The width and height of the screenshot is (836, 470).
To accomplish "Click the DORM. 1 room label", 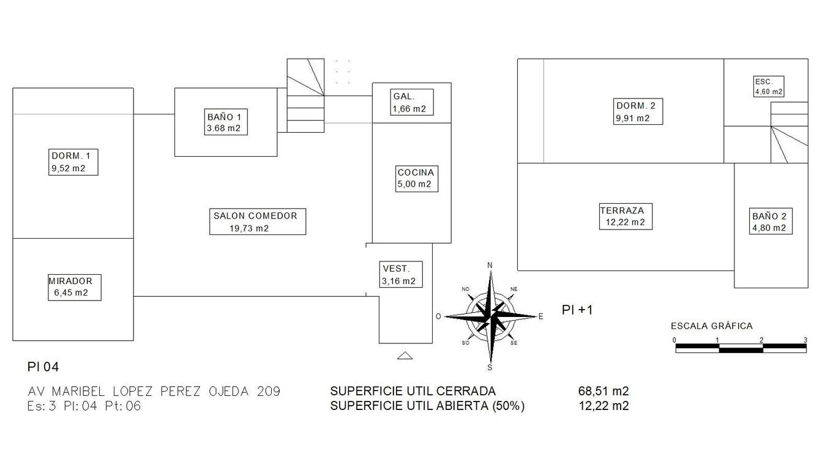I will (73, 162).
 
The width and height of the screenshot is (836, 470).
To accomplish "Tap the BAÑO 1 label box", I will (228, 122).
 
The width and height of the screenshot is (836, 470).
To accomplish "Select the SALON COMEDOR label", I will (258, 222).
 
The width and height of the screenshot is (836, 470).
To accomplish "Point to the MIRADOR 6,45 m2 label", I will (75, 287).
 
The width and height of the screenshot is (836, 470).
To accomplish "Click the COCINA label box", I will (416, 178).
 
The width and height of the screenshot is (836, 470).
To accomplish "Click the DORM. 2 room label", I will (639, 112).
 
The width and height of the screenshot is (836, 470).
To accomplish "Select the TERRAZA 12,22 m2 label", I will (625, 216).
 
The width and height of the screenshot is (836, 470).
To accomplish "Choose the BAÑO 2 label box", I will (769, 222).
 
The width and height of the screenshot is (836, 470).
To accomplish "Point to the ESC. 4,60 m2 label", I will (769, 86).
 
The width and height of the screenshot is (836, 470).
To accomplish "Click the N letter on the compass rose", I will (490, 265).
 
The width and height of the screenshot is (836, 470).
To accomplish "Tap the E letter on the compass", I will (540, 316).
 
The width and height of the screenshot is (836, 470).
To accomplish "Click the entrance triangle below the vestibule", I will (405, 356).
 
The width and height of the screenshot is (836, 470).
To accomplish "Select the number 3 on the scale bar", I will (805, 340).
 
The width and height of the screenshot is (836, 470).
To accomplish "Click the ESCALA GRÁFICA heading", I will (712, 326).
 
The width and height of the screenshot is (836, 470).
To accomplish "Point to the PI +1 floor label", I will (577, 310).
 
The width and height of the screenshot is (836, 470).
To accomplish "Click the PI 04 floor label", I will (43, 367).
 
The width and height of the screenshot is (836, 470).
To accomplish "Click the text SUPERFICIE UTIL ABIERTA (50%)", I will (427, 406).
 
